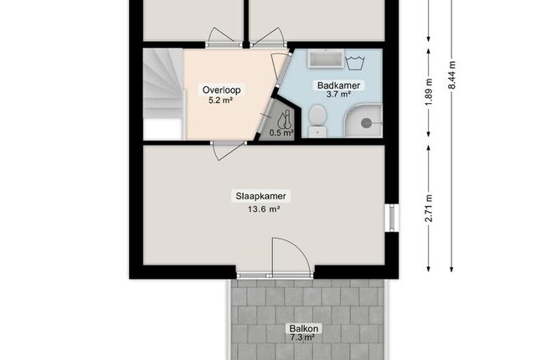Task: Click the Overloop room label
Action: coord(221,90)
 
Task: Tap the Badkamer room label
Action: coord(338,85)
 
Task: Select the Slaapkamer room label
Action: coord(260,197)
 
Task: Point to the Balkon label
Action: coord(303,328)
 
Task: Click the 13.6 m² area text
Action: coord(264,209)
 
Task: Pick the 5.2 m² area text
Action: coord(220,100)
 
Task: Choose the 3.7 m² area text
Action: coord(338,95)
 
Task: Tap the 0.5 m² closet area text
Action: coord(281,132)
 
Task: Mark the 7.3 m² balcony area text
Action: coord(302,337)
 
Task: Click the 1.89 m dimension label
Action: coord(429,92)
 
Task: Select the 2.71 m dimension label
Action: coord(429,208)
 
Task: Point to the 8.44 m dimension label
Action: coord(452,75)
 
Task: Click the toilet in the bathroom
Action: coord(317,121)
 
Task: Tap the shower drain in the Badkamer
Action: coord(366,123)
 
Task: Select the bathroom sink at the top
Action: coord(326,58)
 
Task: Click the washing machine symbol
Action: coord(355,63)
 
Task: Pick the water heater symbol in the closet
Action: coord(285,120)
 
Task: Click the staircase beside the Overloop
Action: coord(163,94)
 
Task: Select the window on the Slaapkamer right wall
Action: coord(392,218)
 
